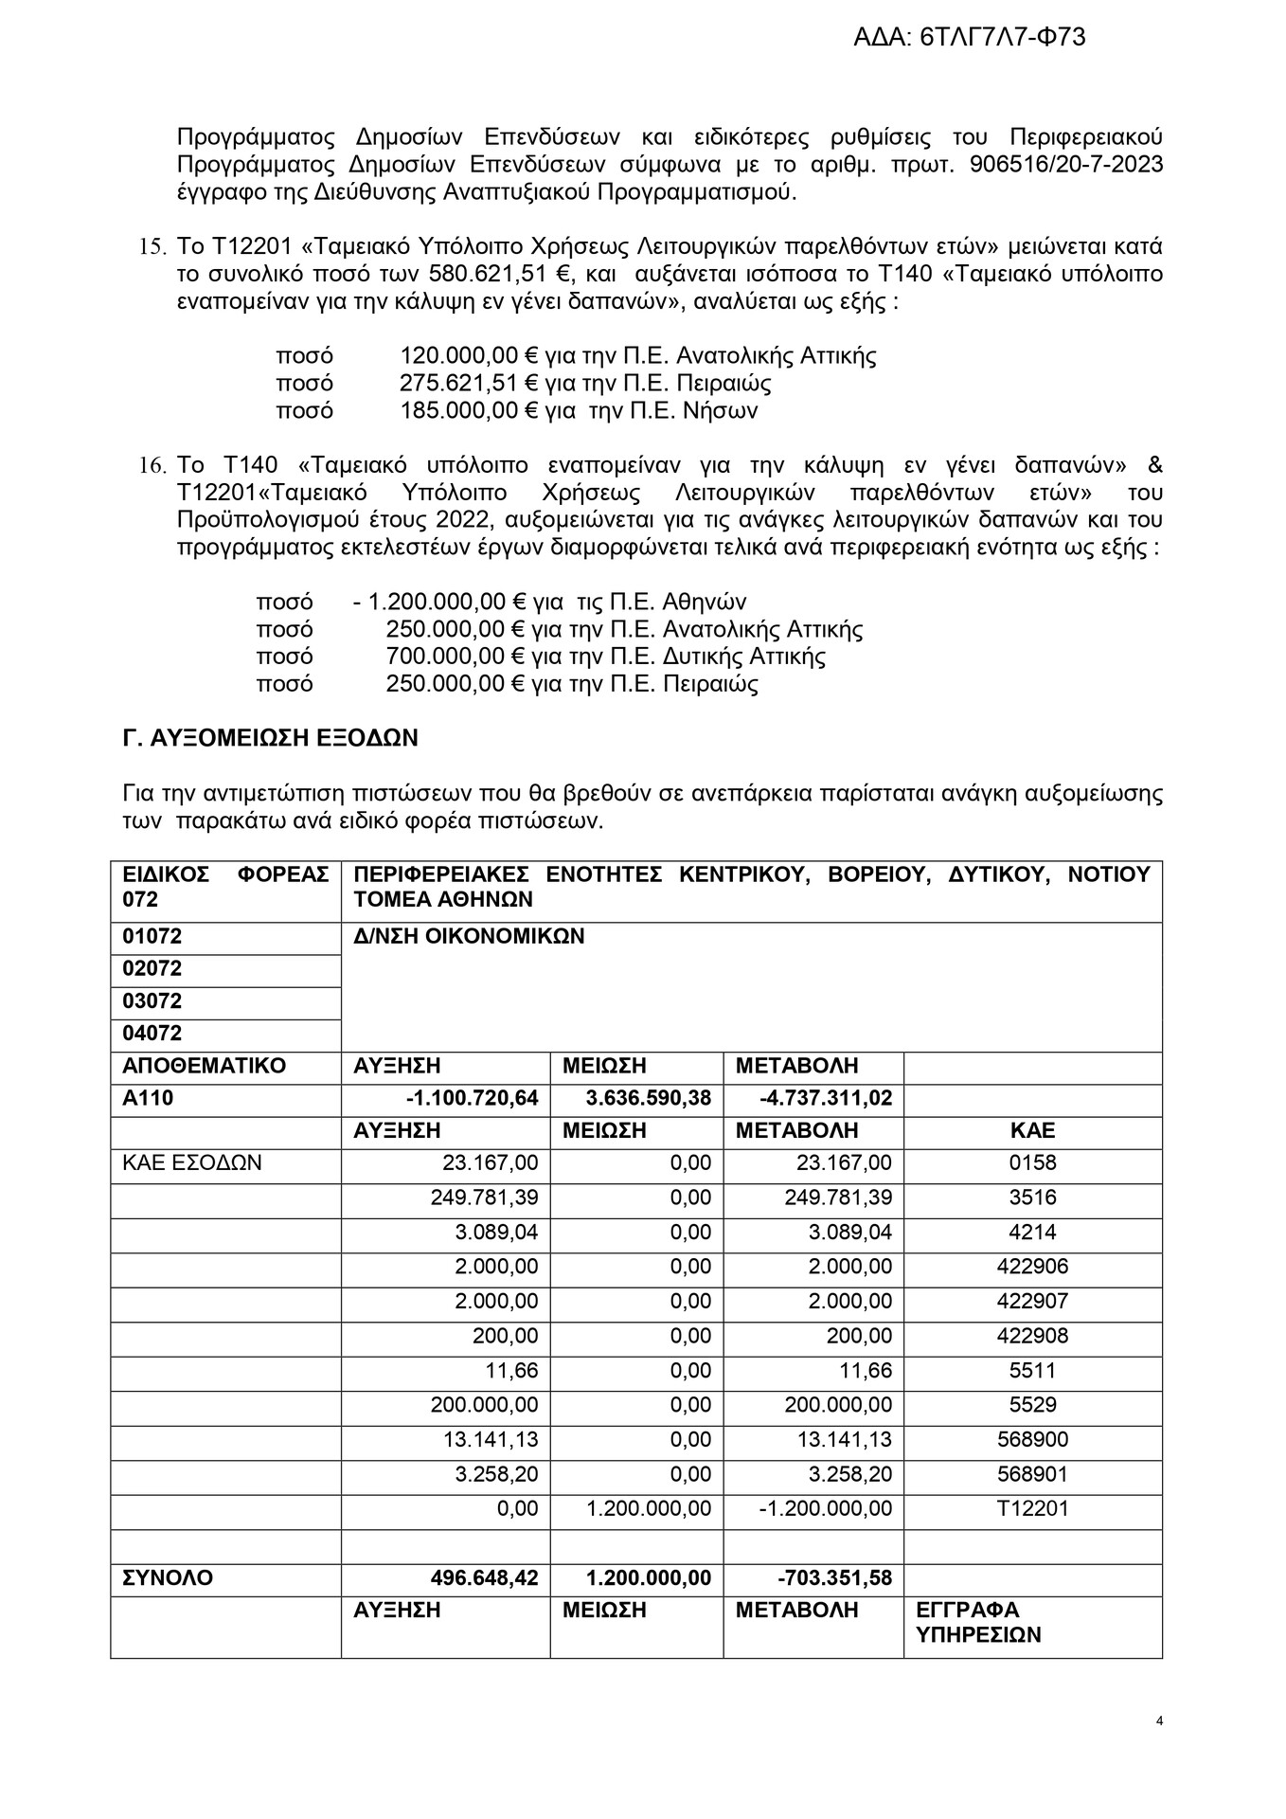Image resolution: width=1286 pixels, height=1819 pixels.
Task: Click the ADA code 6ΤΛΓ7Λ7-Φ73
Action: tap(1003, 38)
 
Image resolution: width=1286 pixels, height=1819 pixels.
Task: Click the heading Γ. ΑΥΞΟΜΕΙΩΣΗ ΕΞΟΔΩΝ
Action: tap(271, 738)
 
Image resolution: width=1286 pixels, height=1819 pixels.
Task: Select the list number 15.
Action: tap(152, 248)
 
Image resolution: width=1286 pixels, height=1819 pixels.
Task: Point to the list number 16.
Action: tap(152, 466)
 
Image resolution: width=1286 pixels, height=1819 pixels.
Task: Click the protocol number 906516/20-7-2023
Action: tap(1066, 165)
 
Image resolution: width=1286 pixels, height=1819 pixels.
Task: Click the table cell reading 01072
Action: tap(152, 937)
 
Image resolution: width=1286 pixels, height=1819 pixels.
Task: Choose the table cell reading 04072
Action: tap(152, 1034)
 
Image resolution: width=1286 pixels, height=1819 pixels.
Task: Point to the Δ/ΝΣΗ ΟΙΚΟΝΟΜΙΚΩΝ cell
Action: tap(469, 937)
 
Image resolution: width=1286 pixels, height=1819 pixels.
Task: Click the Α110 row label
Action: tap(149, 1098)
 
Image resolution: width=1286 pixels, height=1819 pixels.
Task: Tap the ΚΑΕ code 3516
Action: tap(1032, 1198)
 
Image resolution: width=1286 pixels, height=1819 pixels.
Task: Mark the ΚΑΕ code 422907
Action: tap(1032, 1302)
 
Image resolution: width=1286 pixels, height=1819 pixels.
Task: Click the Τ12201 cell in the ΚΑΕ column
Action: tap(1032, 1508)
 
